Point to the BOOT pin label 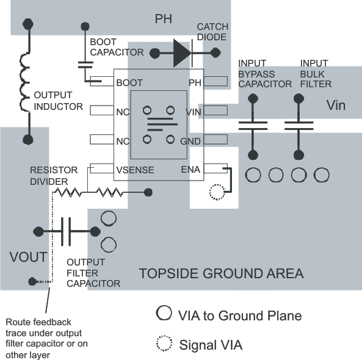(x=130, y=82)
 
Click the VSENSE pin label (x=134, y=170)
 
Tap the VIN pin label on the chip (x=194, y=112)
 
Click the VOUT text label (x=28, y=256)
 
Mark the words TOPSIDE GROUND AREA (x=221, y=273)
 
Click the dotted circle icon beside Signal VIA (x=164, y=345)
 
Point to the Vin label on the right (x=336, y=106)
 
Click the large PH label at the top (x=163, y=19)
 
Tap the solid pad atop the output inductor (x=27, y=24)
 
